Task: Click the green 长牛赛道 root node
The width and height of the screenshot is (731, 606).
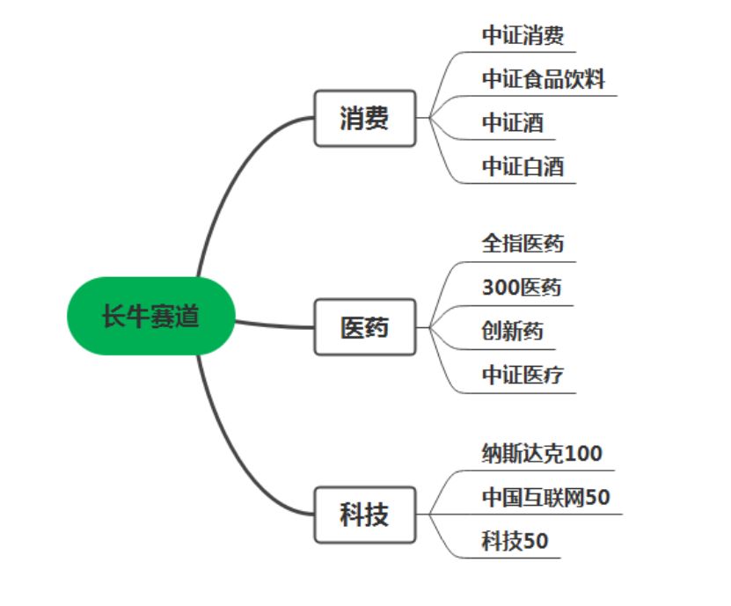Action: (x=151, y=316)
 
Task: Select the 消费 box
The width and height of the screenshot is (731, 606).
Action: (x=364, y=118)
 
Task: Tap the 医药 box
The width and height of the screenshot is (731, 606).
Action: (x=364, y=327)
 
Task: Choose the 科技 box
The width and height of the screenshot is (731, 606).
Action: (x=364, y=515)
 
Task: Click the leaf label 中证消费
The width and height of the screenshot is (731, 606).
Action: (x=523, y=35)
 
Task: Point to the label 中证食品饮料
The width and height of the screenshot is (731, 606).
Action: (x=543, y=79)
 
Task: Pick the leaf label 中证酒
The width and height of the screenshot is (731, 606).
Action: (x=512, y=122)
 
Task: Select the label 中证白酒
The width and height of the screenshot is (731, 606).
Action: (x=523, y=166)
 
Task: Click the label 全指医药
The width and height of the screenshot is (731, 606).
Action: (x=523, y=244)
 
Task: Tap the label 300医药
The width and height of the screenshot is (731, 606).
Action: (x=521, y=288)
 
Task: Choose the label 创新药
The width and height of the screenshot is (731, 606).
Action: (x=512, y=332)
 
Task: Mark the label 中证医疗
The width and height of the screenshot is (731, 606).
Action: (x=523, y=376)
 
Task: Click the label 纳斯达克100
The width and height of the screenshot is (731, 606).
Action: (x=542, y=454)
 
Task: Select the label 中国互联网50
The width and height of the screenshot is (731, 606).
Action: (x=545, y=497)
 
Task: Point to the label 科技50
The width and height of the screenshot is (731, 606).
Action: (x=515, y=541)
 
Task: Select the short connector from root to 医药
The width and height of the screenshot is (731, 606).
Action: (x=273, y=325)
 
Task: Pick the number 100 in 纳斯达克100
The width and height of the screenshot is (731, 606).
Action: (x=583, y=454)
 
